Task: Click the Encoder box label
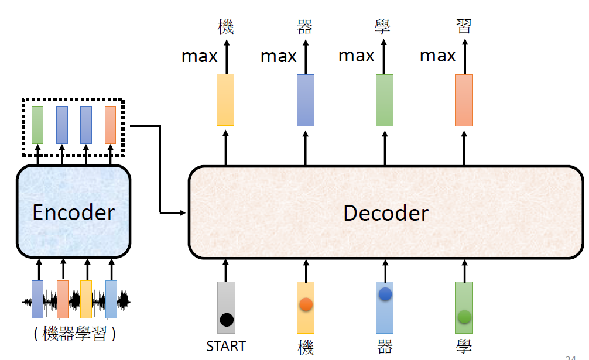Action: point(73,212)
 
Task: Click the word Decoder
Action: point(385,212)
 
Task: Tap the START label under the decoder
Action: point(226,346)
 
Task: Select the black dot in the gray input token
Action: point(227,320)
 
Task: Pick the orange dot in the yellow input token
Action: point(305,304)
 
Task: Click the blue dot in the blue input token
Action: point(385,294)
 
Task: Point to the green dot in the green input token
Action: point(464,317)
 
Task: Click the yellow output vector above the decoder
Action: point(225,100)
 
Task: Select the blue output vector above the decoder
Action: point(305,100)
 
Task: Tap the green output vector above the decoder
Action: point(384,100)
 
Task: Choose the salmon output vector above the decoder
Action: point(464,100)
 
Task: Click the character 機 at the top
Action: point(225,26)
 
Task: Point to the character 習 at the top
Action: point(464,26)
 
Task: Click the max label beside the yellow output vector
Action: point(199,56)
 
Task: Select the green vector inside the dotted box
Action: point(37,125)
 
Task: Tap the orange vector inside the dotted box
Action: point(110,125)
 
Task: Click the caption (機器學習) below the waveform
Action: point(74,334)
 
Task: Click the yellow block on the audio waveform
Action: point(86,299)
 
